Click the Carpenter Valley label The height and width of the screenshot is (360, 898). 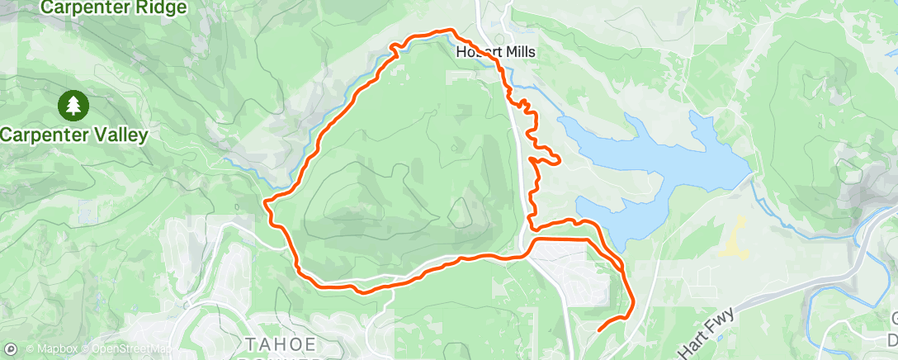pyautogui.click(x=74, y=135)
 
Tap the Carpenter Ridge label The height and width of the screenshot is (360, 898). pyautogui.click(x=114, y=8)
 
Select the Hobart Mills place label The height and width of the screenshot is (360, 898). pyautogui.click(x=496, y=52)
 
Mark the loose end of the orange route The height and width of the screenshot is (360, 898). pyautogui.click(x=597, y=330)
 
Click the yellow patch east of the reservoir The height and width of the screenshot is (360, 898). pyautogui.click(x=733, y=239)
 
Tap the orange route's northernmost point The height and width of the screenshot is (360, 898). pyautogui.click(x=450, y=30)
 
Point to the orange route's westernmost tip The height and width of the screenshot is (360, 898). pyautogui.click(x=264, y=203)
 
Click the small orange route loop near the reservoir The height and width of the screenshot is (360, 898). pyautogui.click(x=547, y=156)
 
